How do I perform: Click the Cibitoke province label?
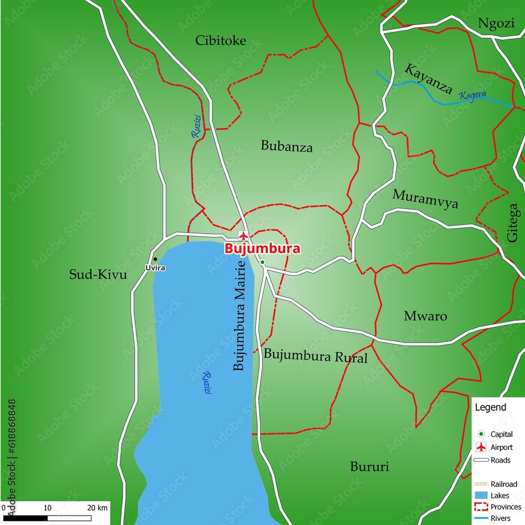(220, 40)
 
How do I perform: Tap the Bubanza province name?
(287, 146)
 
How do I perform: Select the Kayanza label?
(428, 78)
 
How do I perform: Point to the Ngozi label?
(496, 23)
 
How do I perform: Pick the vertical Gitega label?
(513, 223)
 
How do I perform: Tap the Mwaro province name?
(425, 316)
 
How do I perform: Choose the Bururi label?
(370, 466)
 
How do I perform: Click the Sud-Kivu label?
(98, 274)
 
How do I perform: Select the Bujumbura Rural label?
(316, 356)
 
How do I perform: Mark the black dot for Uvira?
(155, 259)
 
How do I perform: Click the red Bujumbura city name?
(262, 248)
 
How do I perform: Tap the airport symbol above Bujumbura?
(243, 235)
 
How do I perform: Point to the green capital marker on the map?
(262, 262)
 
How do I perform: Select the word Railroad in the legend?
(503, 484)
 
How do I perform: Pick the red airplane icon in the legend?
(480, 447)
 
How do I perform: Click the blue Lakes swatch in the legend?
(480, 495)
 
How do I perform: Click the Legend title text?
(490, 407)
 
